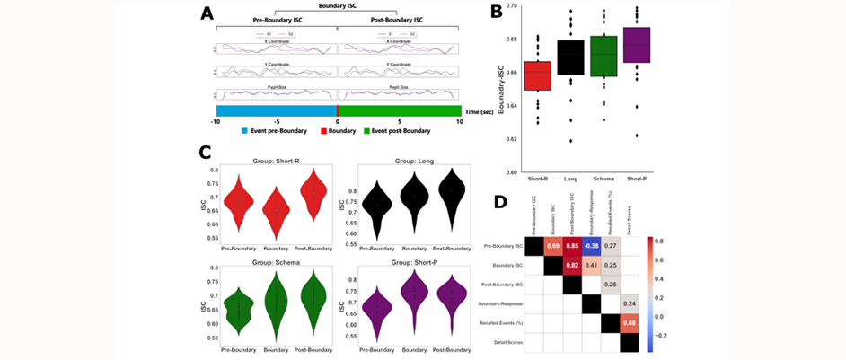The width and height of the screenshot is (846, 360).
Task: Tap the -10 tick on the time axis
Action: tap(215, 119)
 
